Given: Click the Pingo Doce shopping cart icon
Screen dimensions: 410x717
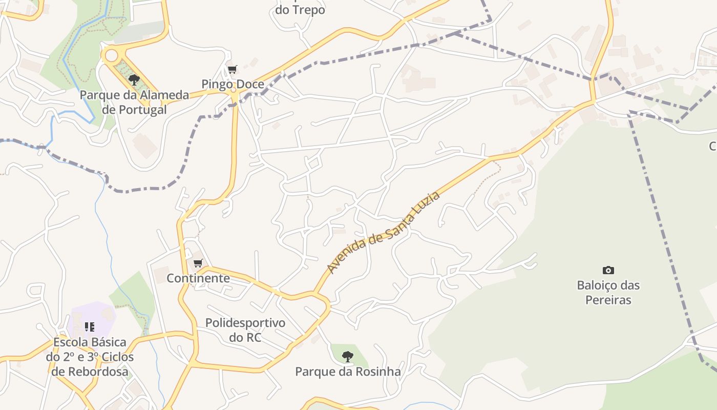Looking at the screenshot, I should (x=233, y=69).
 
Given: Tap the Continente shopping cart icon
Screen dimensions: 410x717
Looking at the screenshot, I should (x=198, y=263).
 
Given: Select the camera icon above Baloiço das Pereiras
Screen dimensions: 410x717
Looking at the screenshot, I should (x=608, y=270).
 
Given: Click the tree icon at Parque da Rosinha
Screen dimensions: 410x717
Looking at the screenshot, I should (x=348, y=356).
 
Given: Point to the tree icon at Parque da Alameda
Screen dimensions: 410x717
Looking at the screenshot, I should (x=134, y=79).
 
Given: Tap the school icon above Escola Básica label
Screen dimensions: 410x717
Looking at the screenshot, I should (x=90, y=326).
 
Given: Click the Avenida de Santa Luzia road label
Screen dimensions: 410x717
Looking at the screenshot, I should (x=383, y=233).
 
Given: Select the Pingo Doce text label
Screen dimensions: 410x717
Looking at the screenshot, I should (x=233, y=84).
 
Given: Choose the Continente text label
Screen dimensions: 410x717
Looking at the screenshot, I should (x=198, y=278).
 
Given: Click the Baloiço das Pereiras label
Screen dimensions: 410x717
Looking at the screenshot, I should (x=608, y=292).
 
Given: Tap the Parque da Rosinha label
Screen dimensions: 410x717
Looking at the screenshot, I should (x=348, y=372).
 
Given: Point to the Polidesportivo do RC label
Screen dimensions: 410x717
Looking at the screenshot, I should (x=245, y=330).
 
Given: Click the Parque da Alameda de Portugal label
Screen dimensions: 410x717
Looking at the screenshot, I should (x=134, y=102).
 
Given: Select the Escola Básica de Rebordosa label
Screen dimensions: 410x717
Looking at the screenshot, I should (x=90, y=357).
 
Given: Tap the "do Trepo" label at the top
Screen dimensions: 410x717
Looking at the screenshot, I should (x=300, y=10).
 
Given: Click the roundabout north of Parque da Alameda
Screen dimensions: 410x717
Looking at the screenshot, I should (x=111, y=55).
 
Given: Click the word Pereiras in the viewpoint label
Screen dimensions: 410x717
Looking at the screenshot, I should (x=608, y=300).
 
